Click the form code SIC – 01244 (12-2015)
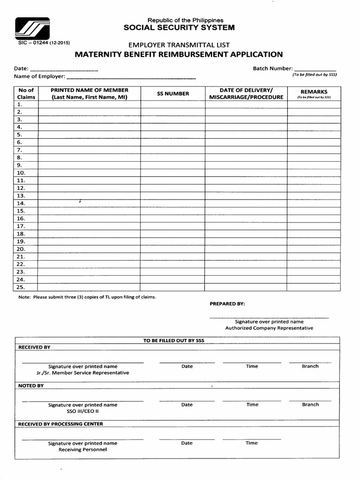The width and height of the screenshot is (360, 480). [43, 43]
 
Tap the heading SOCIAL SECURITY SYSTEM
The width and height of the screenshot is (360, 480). [179, 28]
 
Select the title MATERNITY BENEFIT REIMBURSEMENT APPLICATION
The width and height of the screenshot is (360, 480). [179, 55]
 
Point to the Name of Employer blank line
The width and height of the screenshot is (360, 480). [132, 76]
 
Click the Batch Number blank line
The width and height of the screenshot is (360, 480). [315, 68]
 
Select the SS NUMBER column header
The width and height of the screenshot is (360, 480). [173, 93]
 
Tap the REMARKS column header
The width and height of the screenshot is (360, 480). [314, 92]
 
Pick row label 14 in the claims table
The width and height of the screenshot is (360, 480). [21, 203]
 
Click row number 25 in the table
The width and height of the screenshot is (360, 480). [21, 287]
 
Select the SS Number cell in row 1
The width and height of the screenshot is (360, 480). [173, 105]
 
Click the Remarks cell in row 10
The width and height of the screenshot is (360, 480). [314, 173]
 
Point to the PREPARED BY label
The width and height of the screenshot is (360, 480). [227, 304]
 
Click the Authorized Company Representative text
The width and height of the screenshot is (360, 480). [269, 328]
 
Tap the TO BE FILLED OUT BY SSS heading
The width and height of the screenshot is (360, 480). [174, 340]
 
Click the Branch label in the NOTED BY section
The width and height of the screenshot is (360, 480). [310, 405]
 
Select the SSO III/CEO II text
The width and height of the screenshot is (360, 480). [82, 411]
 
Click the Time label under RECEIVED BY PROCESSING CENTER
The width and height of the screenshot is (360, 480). [252, 443]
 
